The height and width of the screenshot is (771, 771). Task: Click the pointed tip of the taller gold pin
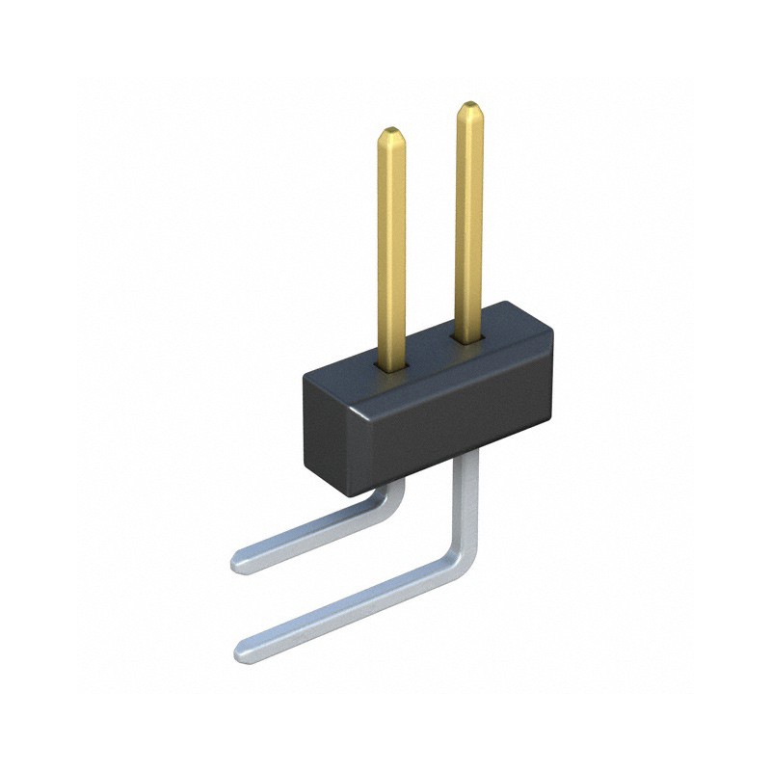coord(468,104)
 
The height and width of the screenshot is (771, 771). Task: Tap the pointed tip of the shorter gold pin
coord(390,130)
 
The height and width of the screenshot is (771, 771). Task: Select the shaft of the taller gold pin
coord(469,222)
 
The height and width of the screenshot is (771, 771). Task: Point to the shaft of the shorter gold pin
coord(390,251)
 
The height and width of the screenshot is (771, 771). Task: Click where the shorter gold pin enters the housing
coord(391,366)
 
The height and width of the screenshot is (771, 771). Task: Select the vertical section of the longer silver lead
coord(468,501)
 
